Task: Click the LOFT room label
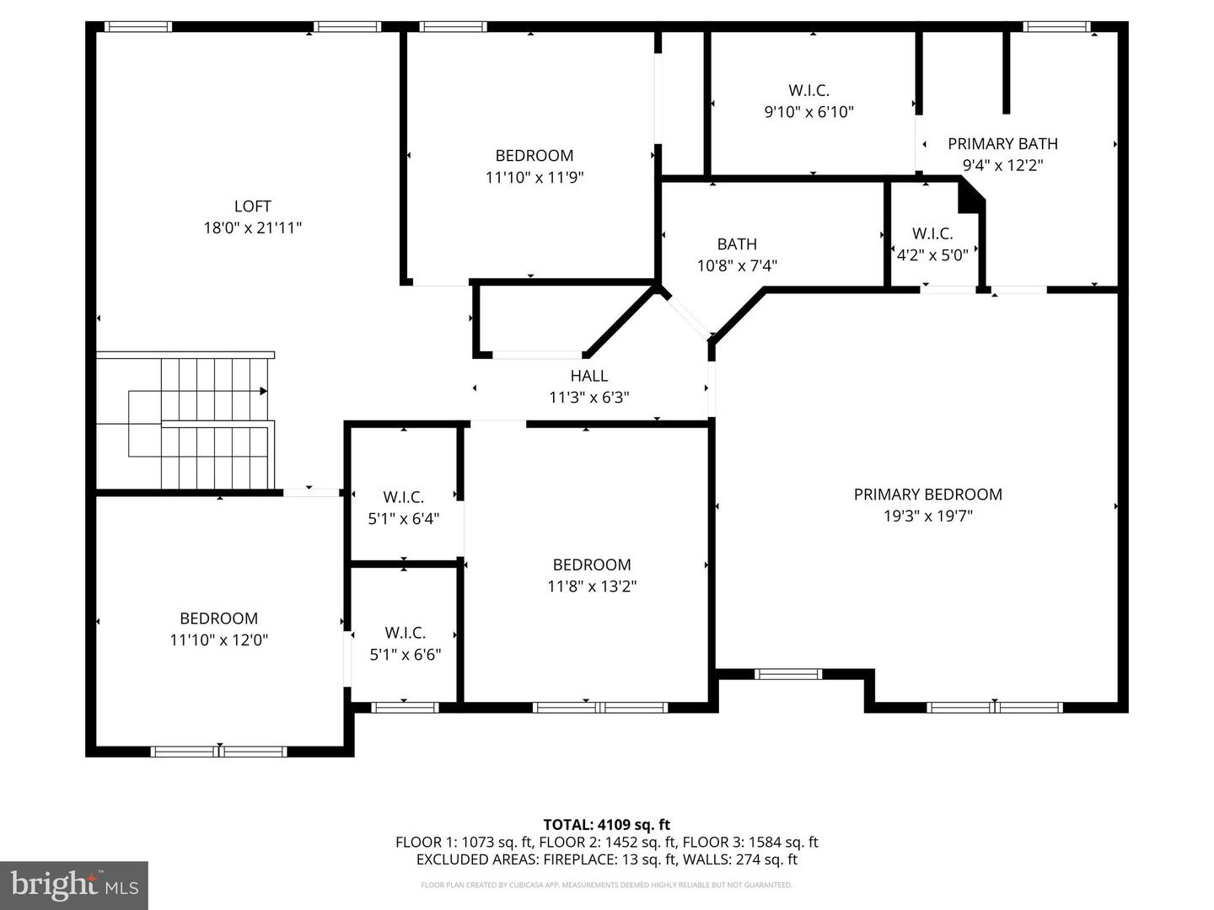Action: pyautogui.click(x=252, y=206)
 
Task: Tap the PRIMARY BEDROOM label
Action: pyautogui.click(x=927, y=494)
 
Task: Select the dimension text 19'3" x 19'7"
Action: pyautogui.click(x=927, y=516)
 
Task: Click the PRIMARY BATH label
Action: pyautogui.click(x=1002, y=143)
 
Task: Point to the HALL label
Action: pyautogui.click(x=589, y=376)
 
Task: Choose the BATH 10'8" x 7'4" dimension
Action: pyautogui.click(x=737, y=265)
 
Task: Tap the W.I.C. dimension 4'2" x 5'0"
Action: pyautogui.click(x=932, y=255)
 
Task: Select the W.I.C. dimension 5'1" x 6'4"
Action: pyautogui.click(x=403, y=519)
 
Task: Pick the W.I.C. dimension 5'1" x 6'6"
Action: pyautogui.click(x=405, y=655)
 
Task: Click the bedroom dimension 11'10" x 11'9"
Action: pyautogui.click(x=534, y=177)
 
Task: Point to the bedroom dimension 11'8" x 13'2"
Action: pyautogui.click(x=592, y=586)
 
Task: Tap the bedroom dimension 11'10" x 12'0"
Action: pyautogui.click(x=218, y=640)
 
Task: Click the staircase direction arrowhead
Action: pyautogui.click(x=264, y=391)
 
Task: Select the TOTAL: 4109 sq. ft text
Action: pyautogui.click(x=607, y=824)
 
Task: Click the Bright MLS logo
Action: pyautogui.click(x=74, y=885)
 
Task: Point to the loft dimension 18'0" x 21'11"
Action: pyautogui.click(x=252, y=228)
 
